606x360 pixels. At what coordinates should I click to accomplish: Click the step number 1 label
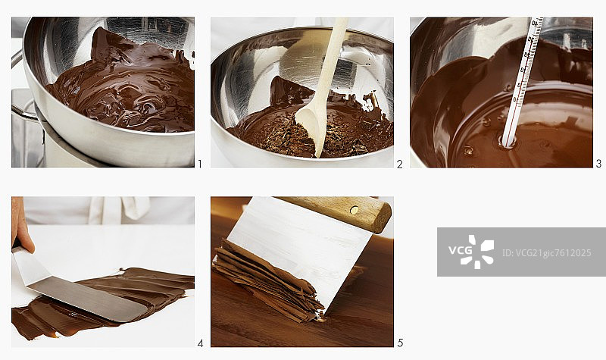pos(200,164)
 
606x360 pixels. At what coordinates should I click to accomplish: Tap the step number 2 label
pos(400,164)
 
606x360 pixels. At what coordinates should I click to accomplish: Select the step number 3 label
pos(598,164)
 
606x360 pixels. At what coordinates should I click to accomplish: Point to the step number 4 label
pos(200,343)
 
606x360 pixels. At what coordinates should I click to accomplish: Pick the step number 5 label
pos(400,343)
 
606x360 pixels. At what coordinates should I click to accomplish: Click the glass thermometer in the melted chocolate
pos(523,81)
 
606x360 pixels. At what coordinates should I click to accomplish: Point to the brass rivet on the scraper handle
pos(354,210)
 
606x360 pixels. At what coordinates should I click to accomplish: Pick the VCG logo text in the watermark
pos(461,250)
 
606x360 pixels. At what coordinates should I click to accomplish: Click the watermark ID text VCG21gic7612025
pos(546,253)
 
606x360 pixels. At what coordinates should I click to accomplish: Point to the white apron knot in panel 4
pos(133,206)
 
